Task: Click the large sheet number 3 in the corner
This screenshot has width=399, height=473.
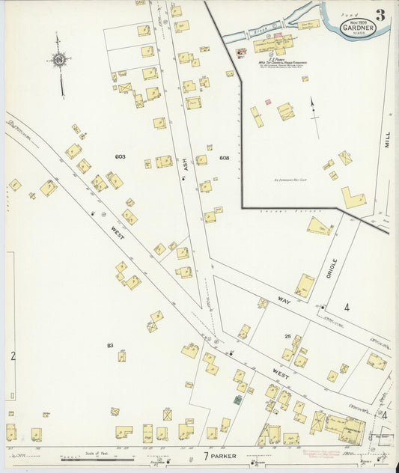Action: pos(381,14)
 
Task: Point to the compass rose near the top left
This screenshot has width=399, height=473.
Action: pos(58,59)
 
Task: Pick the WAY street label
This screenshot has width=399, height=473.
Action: pos(284,300)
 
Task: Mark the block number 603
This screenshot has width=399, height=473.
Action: pos(120,157)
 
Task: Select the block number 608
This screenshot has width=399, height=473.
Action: pos(224,158)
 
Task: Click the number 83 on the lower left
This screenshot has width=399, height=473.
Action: pos(110,345)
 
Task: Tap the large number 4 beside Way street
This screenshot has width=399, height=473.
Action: pos(347,307)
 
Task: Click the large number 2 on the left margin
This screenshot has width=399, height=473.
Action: pos(12,356)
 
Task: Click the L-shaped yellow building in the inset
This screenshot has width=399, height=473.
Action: pos(353,198)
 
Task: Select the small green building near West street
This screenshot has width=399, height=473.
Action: pos(237,400)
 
